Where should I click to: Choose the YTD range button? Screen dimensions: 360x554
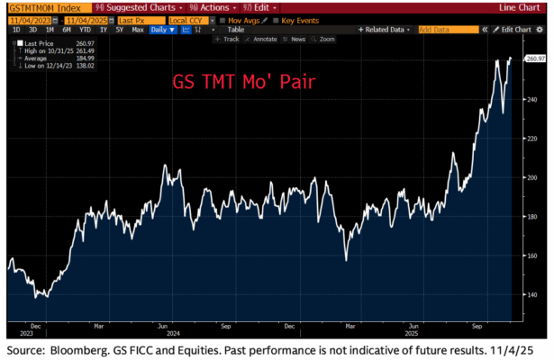click(x=90, y=30)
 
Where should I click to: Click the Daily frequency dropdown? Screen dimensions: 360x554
click(x=163, y=30)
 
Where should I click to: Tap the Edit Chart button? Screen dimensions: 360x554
click(x=516, y=30)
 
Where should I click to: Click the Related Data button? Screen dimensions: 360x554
click(x=386, y=30)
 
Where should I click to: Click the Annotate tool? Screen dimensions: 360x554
click(x=262, y=40)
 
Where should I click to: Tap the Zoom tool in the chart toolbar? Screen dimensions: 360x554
click(x=325, y=40)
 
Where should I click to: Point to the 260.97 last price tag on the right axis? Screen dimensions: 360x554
click(x=535, y=59)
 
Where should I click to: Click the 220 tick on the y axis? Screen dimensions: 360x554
click(x=532, y=139)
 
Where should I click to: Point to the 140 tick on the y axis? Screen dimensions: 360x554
click(x=532, y=294)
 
